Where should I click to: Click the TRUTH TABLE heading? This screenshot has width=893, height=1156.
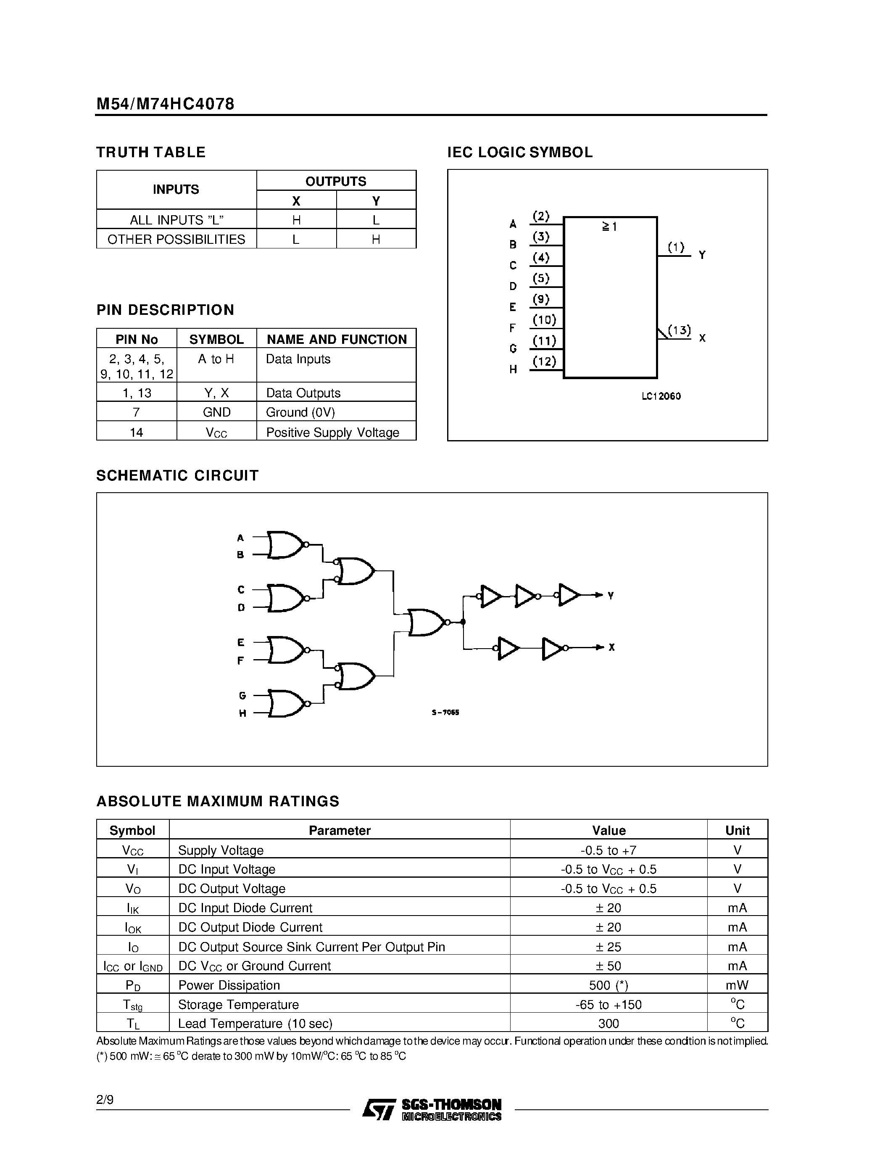click(x=151, y=153)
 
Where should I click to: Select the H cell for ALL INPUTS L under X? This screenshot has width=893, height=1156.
click(x=296, y=220)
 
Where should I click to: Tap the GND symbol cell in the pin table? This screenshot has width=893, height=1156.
click(x=216, y=412)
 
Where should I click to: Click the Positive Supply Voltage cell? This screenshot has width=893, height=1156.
click(x=332, y=433)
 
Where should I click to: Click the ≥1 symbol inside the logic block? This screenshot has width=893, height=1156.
click(x=609, y=227)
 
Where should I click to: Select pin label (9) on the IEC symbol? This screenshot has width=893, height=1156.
click(x=541, y=299)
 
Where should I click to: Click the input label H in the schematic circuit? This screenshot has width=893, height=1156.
click(x=242, y=713)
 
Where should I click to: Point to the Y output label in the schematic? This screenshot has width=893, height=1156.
click(x=611, y=596)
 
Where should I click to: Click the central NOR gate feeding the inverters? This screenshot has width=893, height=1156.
click(x=427, y=622)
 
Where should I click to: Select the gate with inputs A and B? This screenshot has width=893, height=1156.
click(x=286, y=545)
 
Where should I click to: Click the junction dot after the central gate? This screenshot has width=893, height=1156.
click(x=463, y=622)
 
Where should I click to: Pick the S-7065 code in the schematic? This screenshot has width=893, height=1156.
click(x=445, y=713)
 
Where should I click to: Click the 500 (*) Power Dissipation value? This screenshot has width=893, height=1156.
click(x=609, y=985)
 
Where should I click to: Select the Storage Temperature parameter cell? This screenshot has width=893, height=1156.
click(x=238, y=1005)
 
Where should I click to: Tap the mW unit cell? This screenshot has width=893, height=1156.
click(x=737, y=985)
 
